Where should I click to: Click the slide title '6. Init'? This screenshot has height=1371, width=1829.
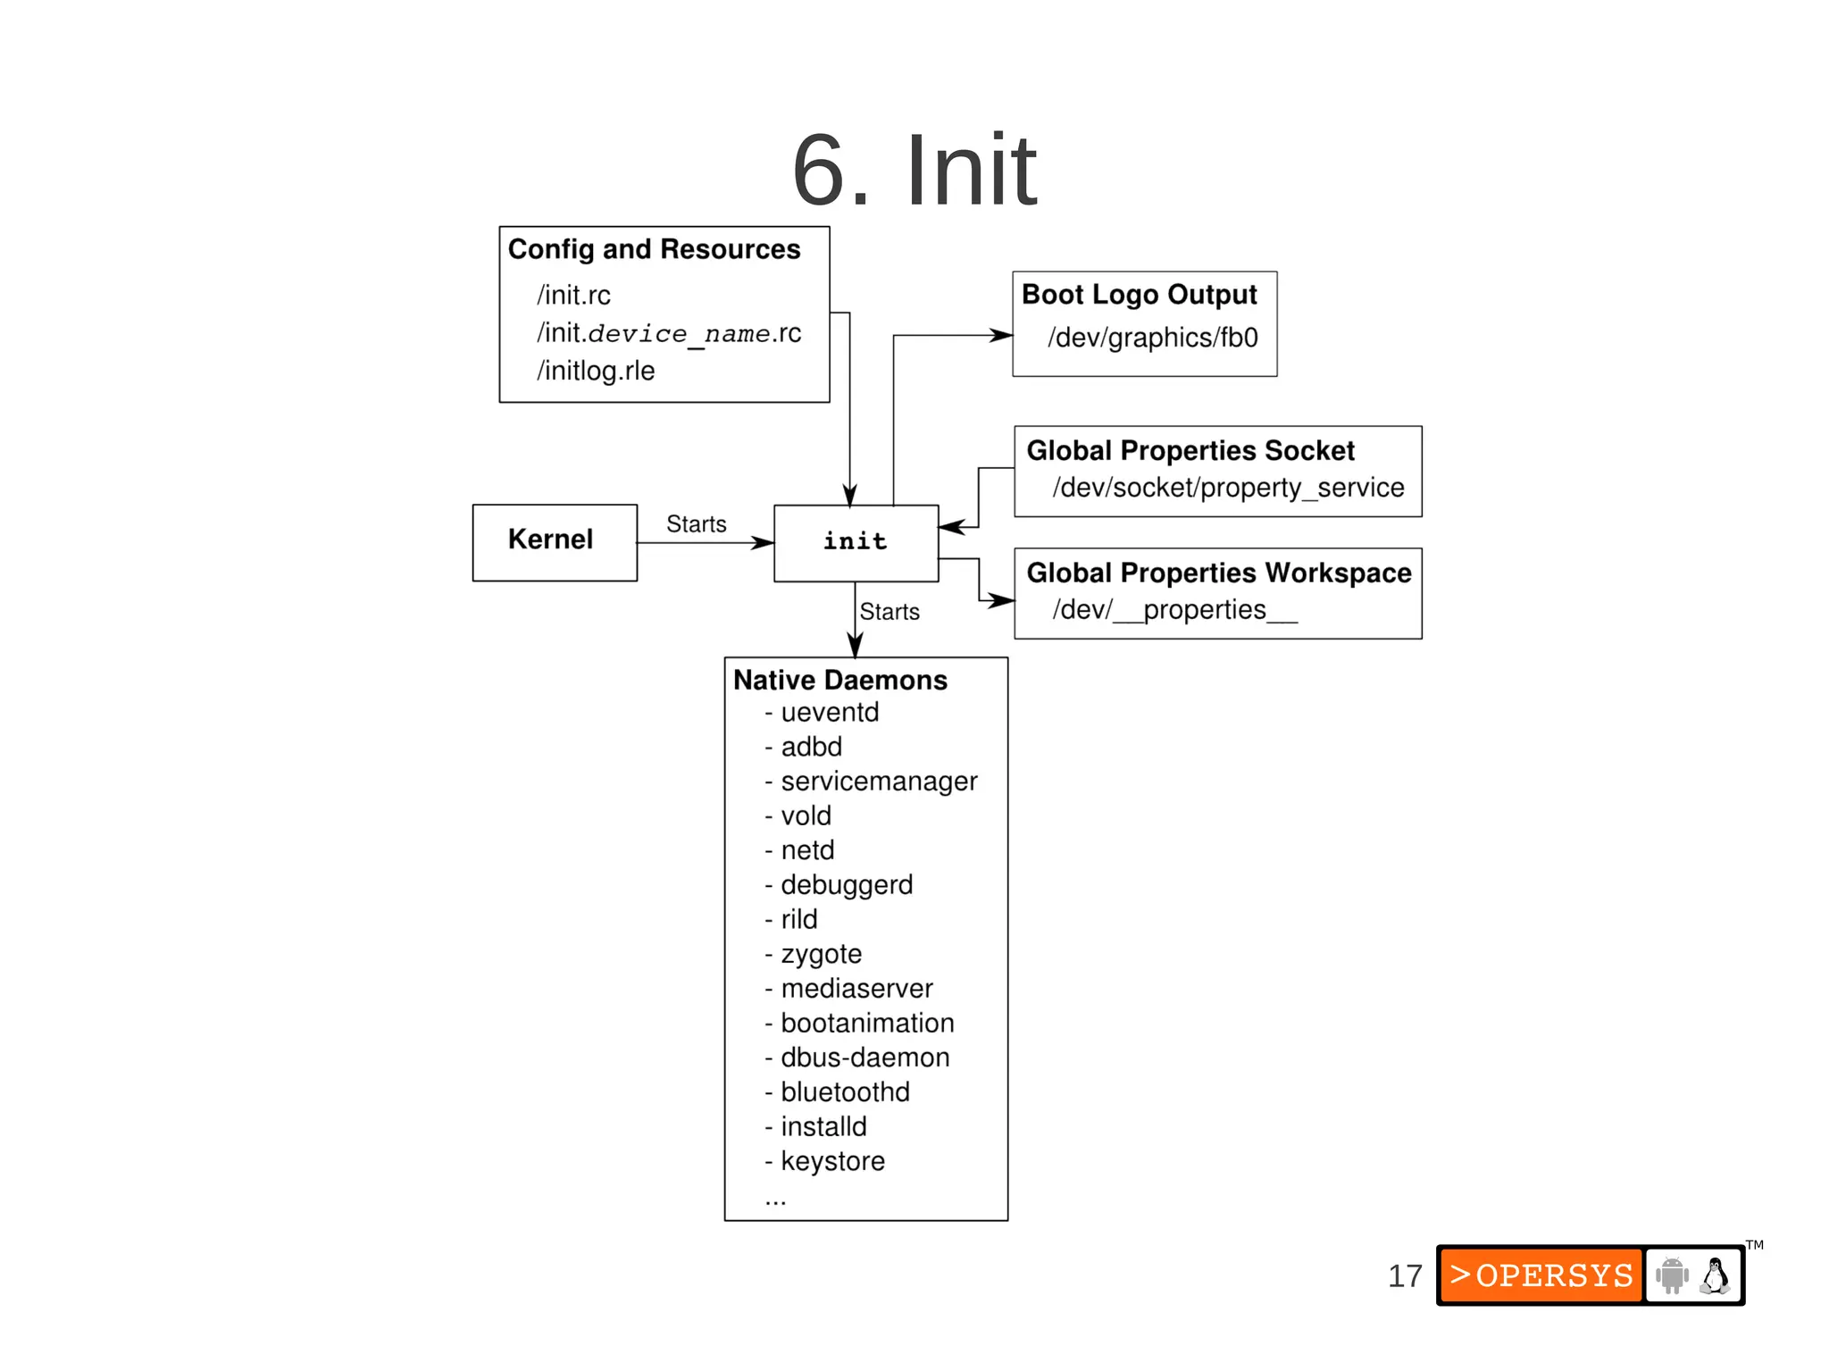pyautogui.click(x=914, y=170)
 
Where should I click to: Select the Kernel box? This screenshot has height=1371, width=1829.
pyautogui.click(x=554, y=541)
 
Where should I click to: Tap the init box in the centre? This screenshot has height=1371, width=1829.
pyautogui.click(x=855, y=542)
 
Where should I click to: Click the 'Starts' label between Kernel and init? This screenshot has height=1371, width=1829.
pyautogui.click(x=696, y=523)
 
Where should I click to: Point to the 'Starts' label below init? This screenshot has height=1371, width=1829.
pyautogui.click(x=889, y=611)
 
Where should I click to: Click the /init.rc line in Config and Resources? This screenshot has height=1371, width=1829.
pyautogui.click(x=573, y=295)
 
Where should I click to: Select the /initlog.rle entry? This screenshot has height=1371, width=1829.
pyautogui.click(x=596, y=371)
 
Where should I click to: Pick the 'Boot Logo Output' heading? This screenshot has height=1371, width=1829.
pyautogui.click(x=1139, y=294)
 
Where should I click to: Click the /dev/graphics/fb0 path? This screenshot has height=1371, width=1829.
pyautogui.click(x=1152, y=338)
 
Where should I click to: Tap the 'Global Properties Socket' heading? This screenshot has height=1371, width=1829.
pyautogui.click(x=1190, y=450)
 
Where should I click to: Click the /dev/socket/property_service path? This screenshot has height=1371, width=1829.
pyautogui.click(x=1228, y=488)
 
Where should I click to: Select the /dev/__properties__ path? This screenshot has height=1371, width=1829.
pyautogui.click(x=1174, y=610)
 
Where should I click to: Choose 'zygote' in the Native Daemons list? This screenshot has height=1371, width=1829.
pyautogui.click(x=820, y=954)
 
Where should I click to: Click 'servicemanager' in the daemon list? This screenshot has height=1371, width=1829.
pyautogui.click(x=878, y=782)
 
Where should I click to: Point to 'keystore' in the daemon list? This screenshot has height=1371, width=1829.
pyautogui.click(x=831, y=1161)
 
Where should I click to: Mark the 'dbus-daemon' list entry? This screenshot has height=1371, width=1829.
pyautogui.click(x=864, y=1058)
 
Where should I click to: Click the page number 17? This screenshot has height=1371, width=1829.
pyautogui.click(x=1405, y=1275)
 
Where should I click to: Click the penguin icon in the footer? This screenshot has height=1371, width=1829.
pyautogui.click(x=1715, y=1275)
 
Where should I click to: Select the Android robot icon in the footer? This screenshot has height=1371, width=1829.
pyautogui.click(x=1672, y=1275)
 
